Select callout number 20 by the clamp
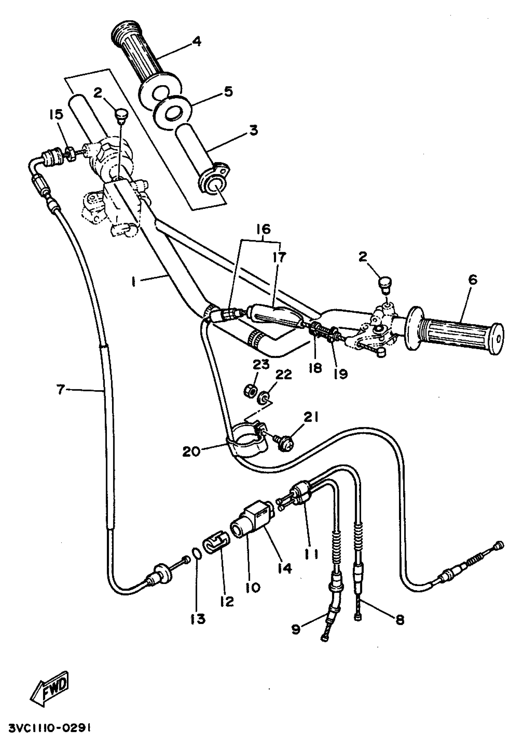[x=191, y=452]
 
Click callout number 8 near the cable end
[x=400, y=620]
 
